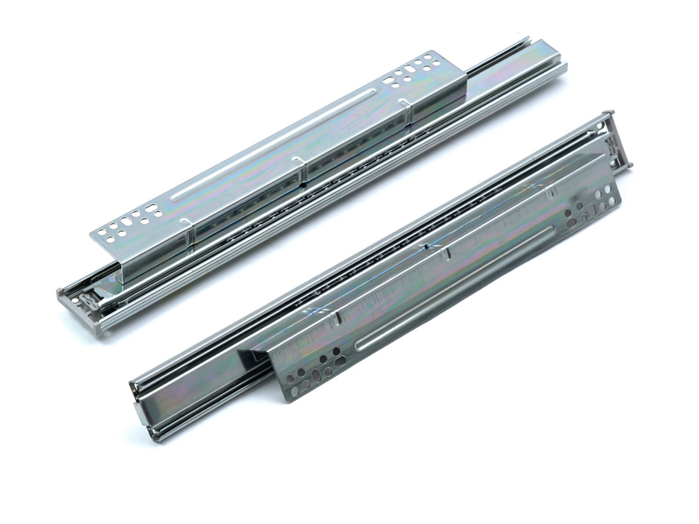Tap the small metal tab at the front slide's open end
click(x=138, y=415)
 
